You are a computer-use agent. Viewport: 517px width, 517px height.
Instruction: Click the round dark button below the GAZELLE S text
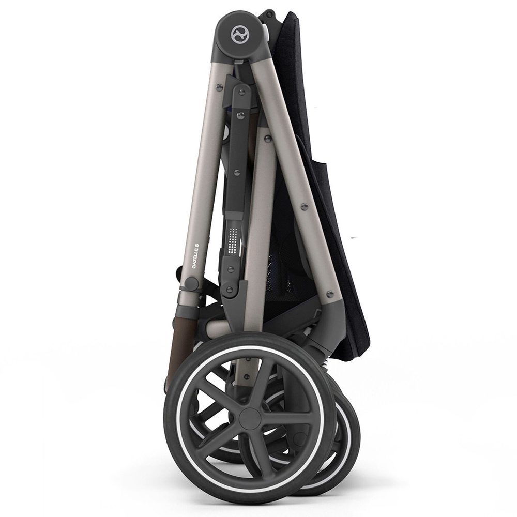pos(191,283)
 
